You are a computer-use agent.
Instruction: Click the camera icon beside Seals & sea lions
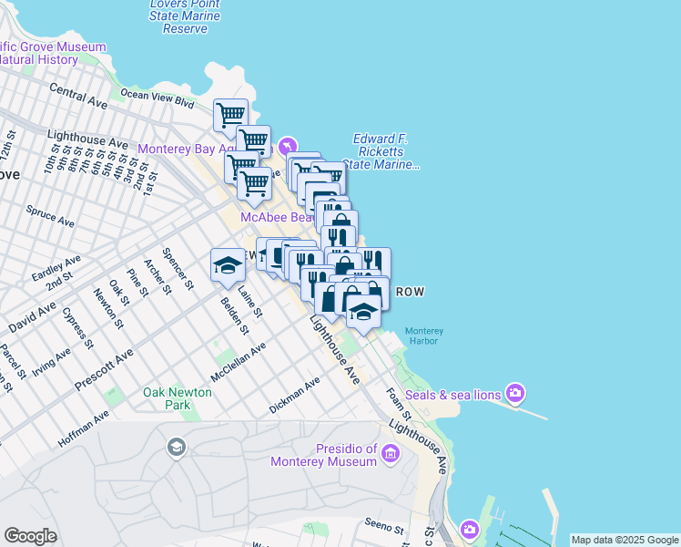pyautogui.click(x=516, y=393)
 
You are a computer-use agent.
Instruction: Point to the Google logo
pyautogui.click(x=30, y=536)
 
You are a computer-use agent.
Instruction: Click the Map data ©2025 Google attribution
pyautogui.click(x=624, y=540)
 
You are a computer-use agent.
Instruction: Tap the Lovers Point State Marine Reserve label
pyautogui.click(x=185, y=16)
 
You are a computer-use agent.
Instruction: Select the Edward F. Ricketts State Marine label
pyautogui.click(x=386, y=151)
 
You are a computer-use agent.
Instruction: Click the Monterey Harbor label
pyautogui.click(x=423, y=335)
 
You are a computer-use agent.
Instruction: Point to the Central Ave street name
pyautogui.click(x=78, y=94)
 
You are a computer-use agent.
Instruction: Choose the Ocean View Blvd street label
pyautogui.click(x=158, y=94)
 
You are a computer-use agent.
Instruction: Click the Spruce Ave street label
pyautogui.click(x=50, y=215)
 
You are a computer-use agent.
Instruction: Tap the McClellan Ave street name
pyautogui.click(x=238, y=362)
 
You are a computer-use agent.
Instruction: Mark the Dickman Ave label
pyautogui.click(x=294, y=396)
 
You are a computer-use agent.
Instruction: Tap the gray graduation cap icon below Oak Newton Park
pyautogui.click(x=176, y=447)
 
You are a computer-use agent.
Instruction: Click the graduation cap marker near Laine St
pyautogui.click(x=228, y=265)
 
